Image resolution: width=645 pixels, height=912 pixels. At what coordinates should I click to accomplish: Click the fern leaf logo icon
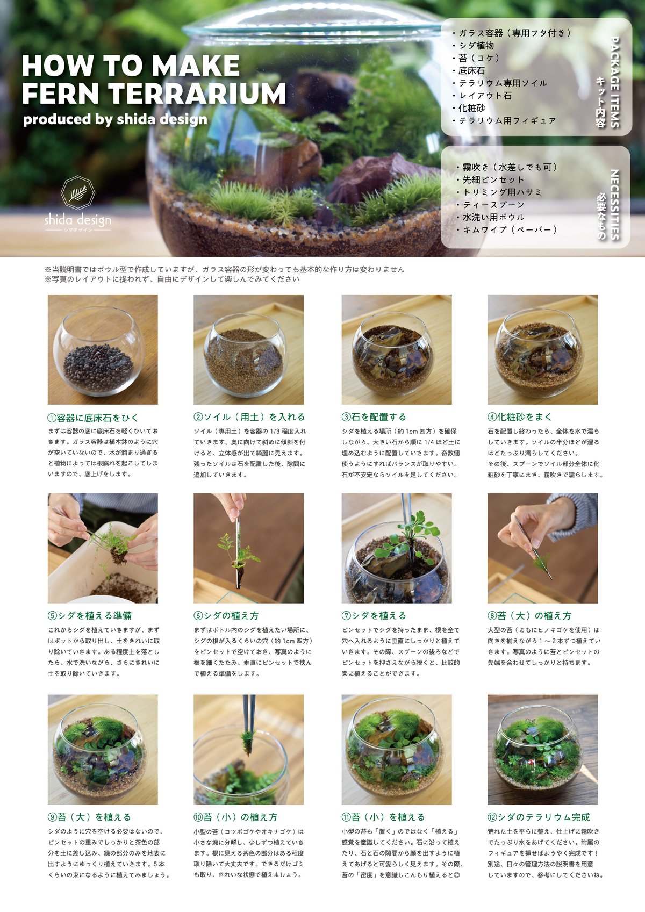[78, 192]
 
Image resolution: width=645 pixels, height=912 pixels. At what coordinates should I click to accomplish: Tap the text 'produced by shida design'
[115, 119]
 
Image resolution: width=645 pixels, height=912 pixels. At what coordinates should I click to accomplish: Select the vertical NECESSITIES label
[615, 204]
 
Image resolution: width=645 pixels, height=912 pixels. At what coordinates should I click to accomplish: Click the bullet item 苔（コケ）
[478, 58]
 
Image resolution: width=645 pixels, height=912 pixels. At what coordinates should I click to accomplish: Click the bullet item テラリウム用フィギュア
[507, 120]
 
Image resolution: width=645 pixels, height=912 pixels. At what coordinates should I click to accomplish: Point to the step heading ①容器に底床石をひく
[93, 418]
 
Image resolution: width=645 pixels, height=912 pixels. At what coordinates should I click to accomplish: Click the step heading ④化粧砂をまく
[520, 417]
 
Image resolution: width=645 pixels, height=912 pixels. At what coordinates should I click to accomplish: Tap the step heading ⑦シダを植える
[374, 616]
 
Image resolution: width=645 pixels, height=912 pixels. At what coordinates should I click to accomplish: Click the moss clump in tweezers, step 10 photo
[247, 741]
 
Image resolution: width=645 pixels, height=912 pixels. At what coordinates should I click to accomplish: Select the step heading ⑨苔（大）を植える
[89, 817]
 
